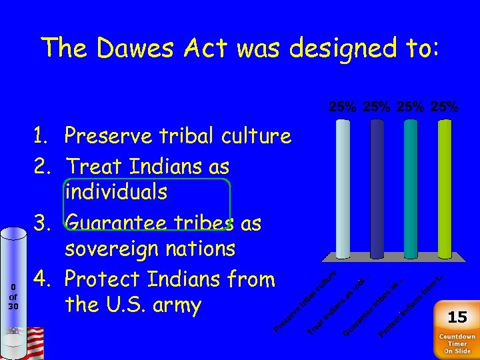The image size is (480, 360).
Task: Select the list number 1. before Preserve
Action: pos(44,137)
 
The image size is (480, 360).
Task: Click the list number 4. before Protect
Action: pos(44,278)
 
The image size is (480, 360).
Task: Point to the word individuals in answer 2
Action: pos(116,193)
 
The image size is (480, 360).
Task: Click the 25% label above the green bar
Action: pos(444,107)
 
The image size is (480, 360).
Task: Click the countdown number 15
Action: pos(457,317)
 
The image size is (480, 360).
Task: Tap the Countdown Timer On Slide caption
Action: pos(457,343)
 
